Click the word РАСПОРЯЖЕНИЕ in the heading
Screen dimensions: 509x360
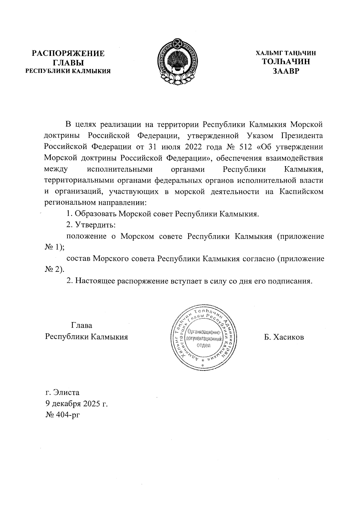(x=68, y=54)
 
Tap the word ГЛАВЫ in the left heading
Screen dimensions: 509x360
(x=68, y=63)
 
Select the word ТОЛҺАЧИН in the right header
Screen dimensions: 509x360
(x=286, y=62)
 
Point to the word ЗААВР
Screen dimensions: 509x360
(x=286, y=71)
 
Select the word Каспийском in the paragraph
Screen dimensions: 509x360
(x=301, y=192)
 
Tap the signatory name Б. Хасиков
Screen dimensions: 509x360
(x=284, y=337)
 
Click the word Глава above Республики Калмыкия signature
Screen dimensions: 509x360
(x=82, y=326)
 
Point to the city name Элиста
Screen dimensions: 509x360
(x=66, y=392)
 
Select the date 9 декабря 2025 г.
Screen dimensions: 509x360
(x=76, y=403)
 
